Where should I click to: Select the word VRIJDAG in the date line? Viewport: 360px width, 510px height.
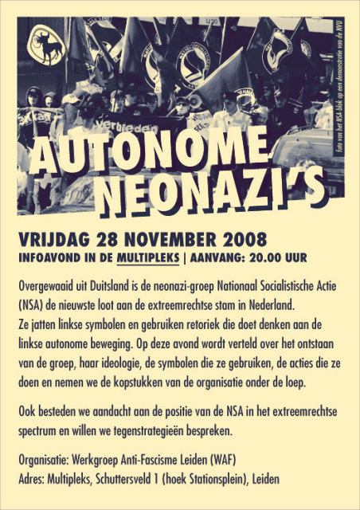(x=53, y=239)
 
